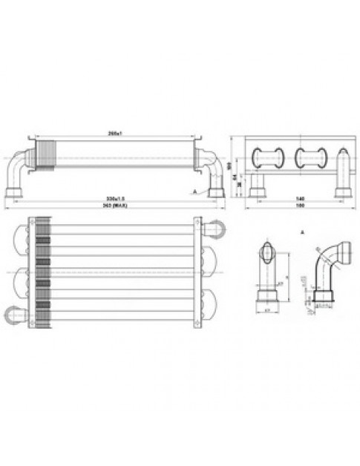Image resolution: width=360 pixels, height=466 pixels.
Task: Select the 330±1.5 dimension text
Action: coord(114,199)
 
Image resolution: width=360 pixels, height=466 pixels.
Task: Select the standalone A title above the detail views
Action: coord(304,232)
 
